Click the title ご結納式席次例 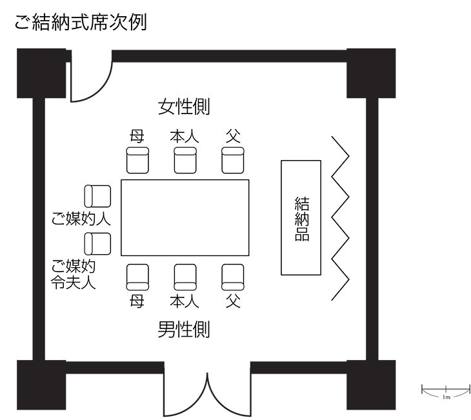point(81,22)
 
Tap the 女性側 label point(184,106)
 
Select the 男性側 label point(184,329)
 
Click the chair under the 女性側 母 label point(137,160)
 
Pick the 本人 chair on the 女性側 point(185,160)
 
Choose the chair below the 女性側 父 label point(233,160)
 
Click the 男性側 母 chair point(137,277)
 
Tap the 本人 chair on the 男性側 point(185,277)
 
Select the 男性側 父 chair point(233,277)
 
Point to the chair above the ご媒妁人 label point(97,196)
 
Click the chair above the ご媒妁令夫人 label point(97,244)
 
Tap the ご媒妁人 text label point(81,219)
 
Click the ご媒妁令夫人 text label point(74,274)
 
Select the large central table point(185,218)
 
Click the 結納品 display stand point(301,218)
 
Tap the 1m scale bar point(446,390)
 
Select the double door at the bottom point(207,390)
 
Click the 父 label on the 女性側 point(233,136)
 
